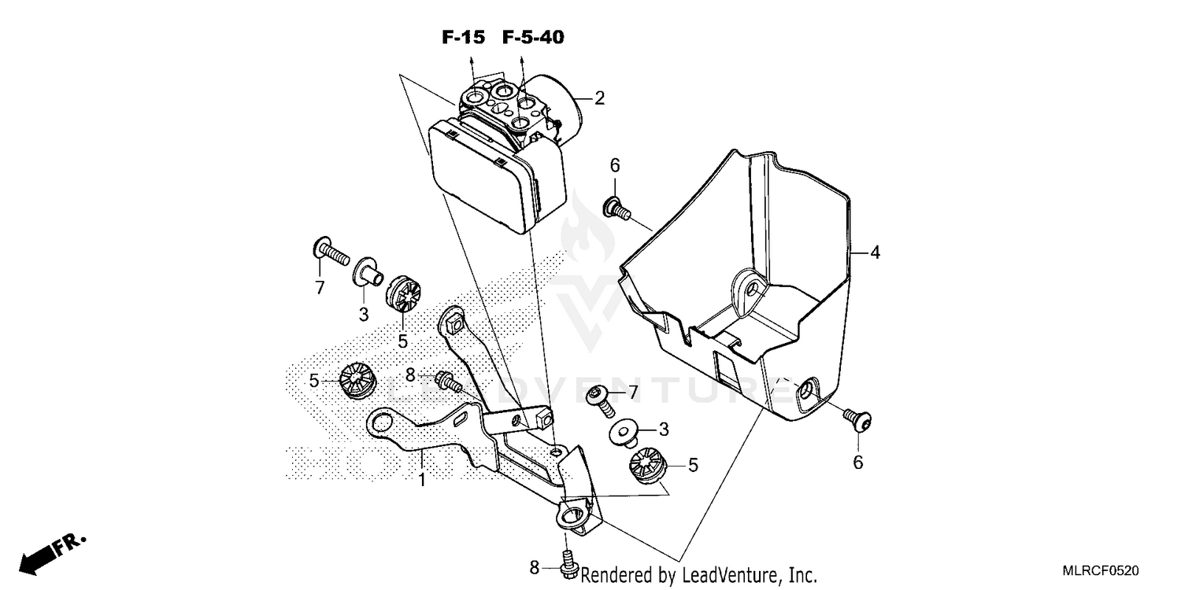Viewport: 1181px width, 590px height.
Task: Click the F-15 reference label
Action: tap(462, 37)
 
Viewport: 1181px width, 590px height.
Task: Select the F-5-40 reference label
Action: tap(533, 37)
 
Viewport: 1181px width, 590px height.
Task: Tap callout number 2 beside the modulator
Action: tap(599, 98)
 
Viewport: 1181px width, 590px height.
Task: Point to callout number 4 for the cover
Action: tap(875, 253)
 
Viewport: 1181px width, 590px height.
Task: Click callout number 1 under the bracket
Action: tap(422, 478)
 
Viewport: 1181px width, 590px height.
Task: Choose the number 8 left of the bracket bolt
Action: tap(409, 376)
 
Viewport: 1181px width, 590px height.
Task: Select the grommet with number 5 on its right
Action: tap(649, 464)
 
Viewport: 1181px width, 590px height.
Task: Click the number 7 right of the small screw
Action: tap(631, 392)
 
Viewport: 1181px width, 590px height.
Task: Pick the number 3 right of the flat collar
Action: tap(663, 430)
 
